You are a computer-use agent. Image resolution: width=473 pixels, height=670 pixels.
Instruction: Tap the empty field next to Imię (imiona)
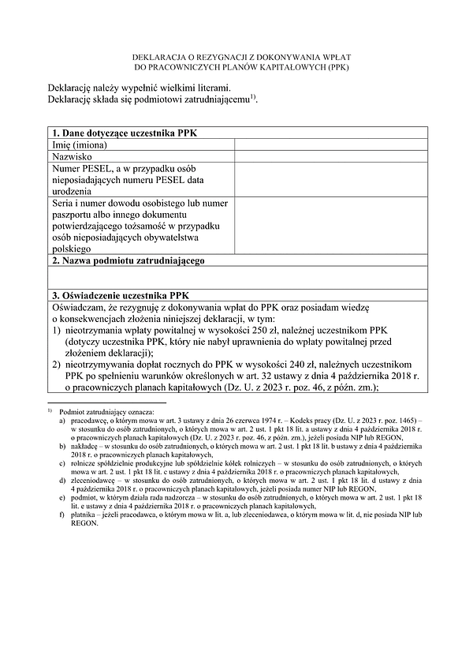(x=330, y=144)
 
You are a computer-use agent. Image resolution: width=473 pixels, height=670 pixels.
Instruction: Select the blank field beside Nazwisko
(x=330, y=157)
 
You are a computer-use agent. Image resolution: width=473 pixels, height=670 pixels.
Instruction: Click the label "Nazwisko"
(x=73, y=157)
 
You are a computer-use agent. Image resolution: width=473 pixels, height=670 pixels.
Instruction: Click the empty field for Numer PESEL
(x=330, y=181)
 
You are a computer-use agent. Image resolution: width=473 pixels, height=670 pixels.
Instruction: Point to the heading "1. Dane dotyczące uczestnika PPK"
(x=125, y=133)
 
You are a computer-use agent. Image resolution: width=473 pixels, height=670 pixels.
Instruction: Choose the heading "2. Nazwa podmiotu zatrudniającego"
(x=128, y=260)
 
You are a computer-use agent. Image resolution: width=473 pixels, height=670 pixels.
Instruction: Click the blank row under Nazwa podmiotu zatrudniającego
(x=236, y=277)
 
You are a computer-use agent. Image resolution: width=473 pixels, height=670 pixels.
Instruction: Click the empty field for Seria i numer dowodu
(x=330, y=226)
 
